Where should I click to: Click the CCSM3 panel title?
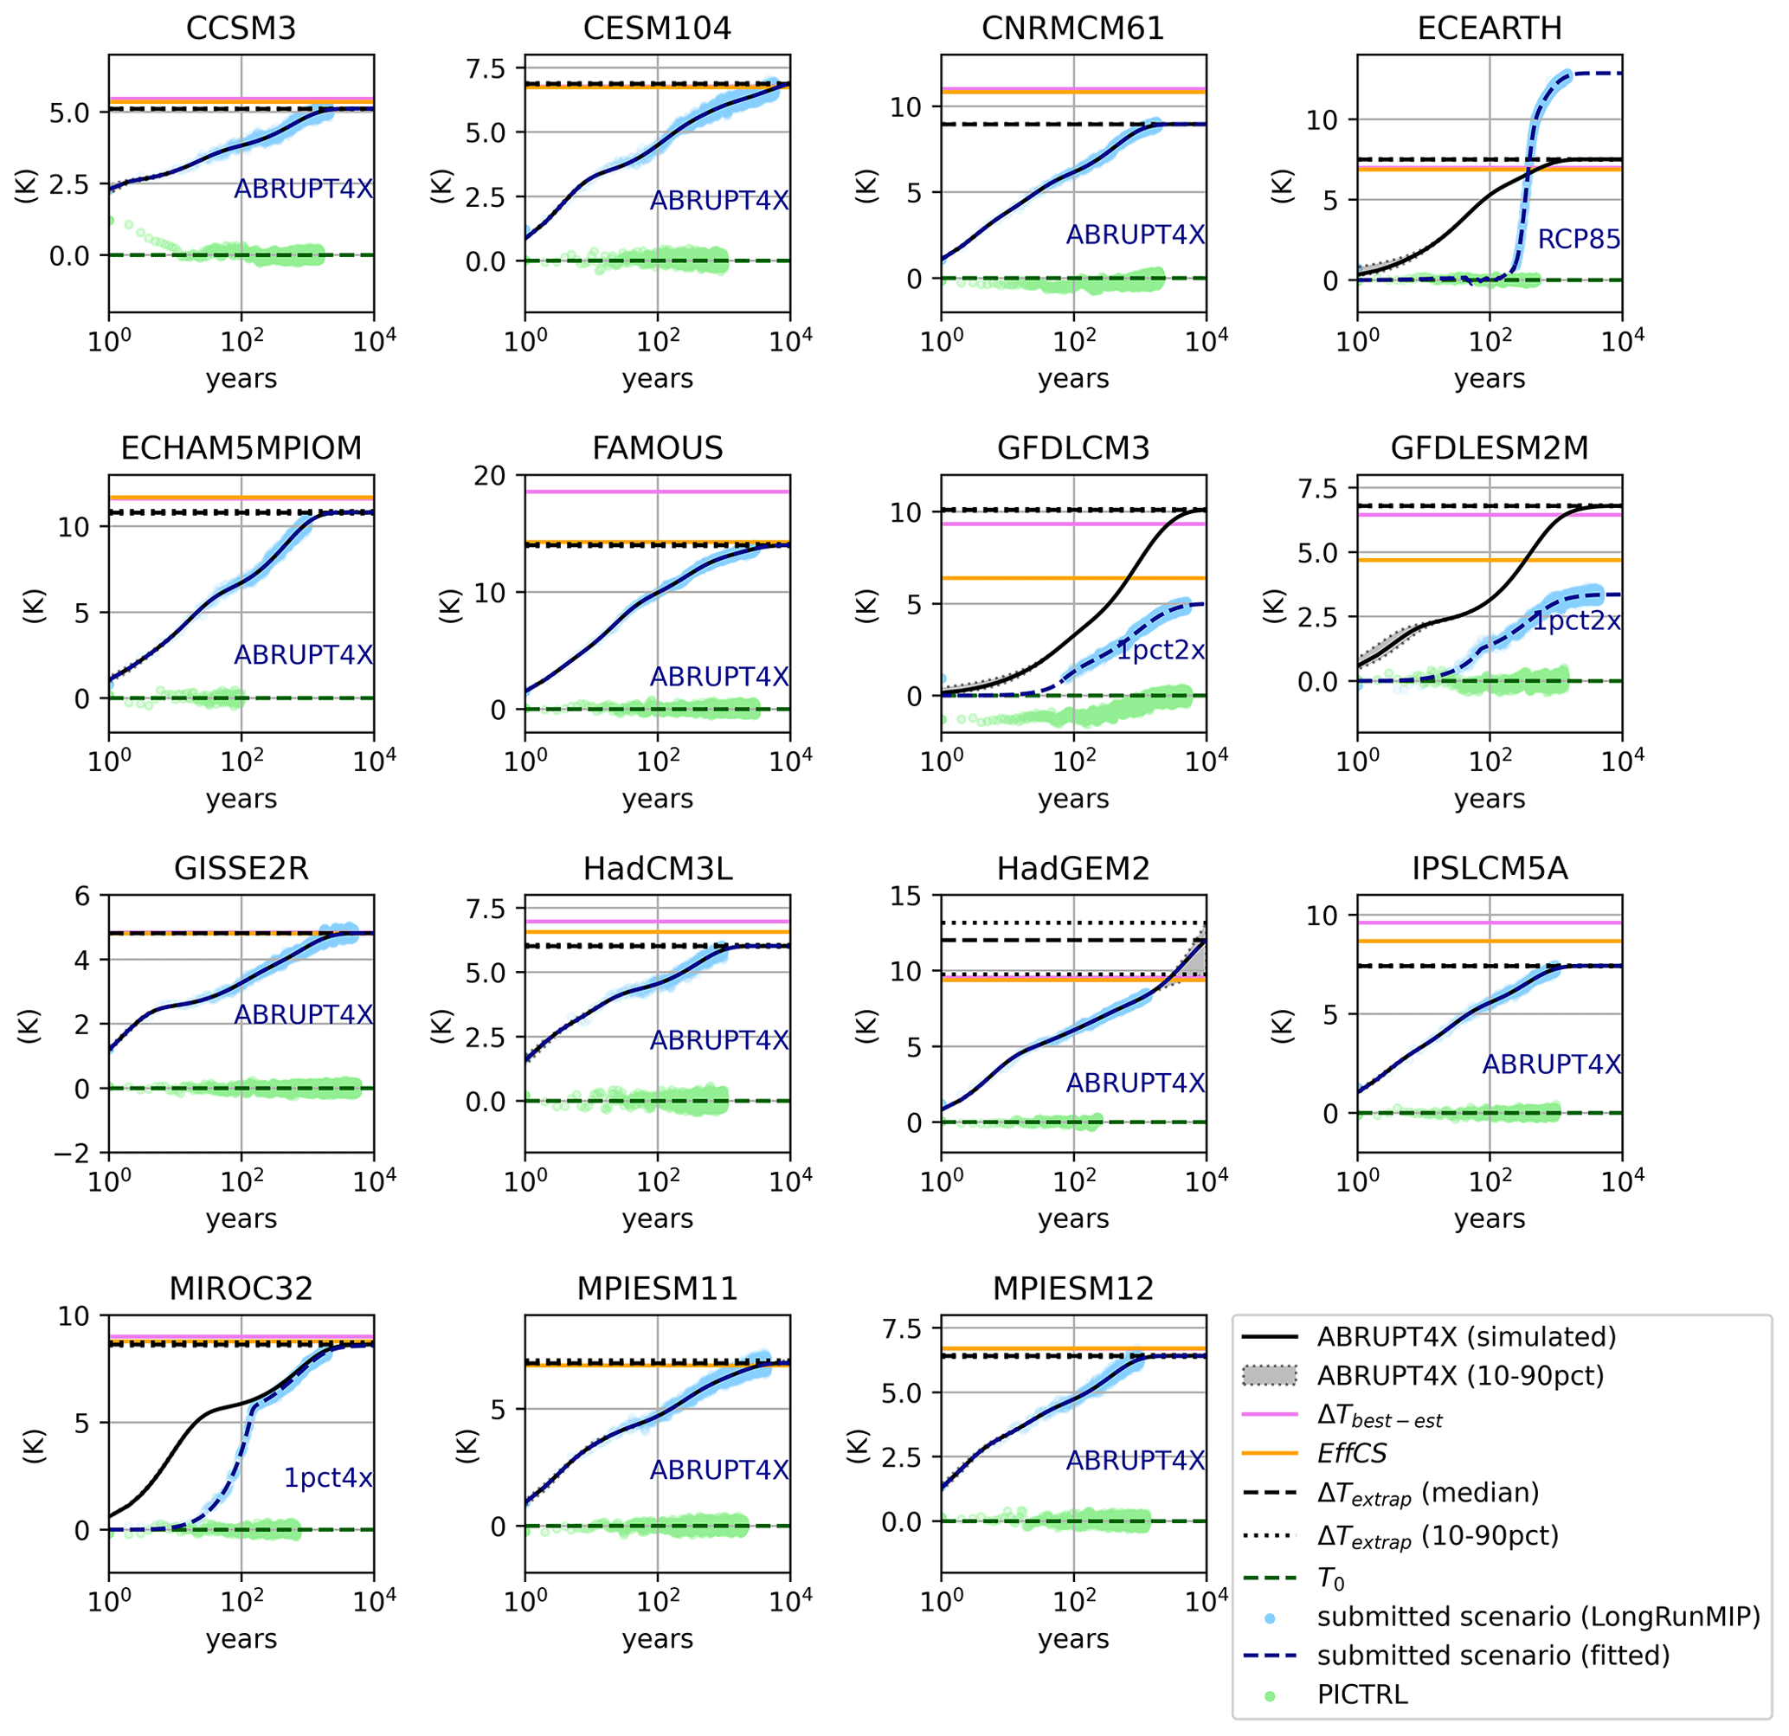click(241, 29)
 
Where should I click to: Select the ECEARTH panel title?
click(1489, 29)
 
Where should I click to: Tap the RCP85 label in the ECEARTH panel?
click(1578, 239)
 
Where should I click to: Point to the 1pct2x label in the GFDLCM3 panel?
click(1161, 650)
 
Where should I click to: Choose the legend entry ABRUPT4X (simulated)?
click(1466, 1337)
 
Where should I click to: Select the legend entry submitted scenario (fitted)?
click(1492, 1655)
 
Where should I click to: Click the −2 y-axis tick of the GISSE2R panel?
click(72, 1154)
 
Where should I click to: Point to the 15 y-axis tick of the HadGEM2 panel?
click(905, 897)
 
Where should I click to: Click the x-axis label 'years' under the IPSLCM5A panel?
click(1489, 1218)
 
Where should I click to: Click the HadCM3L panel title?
click(657, 868)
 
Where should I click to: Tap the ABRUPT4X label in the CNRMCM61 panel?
click(1136, 235)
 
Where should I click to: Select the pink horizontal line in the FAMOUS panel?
click(657, 492)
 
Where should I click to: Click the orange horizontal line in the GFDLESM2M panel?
click(1489, 560)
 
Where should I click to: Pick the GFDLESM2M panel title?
click(1489, 448)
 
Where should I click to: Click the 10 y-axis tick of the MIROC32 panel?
click(74, 1316)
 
